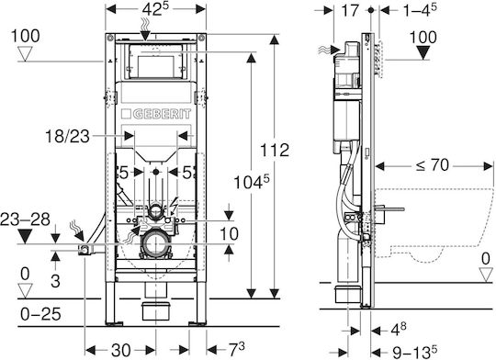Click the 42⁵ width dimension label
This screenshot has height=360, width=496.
click(x=155, y=9)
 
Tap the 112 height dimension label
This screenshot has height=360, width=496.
click(x=275, y=151)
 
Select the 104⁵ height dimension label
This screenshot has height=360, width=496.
click(x=252, y=182)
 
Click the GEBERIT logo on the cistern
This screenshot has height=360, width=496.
click(x=156, y=114)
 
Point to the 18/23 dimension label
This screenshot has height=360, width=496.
click(x=67, y=137)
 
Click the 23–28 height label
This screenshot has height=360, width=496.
click(x=26, y=219)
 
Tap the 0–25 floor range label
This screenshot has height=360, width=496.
click(x=40, y=314)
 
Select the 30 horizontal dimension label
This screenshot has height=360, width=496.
click(x=121, y=350)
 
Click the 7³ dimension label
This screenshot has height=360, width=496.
click(x=237, y=349)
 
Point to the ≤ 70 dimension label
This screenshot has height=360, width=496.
click(x=432, y=165)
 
